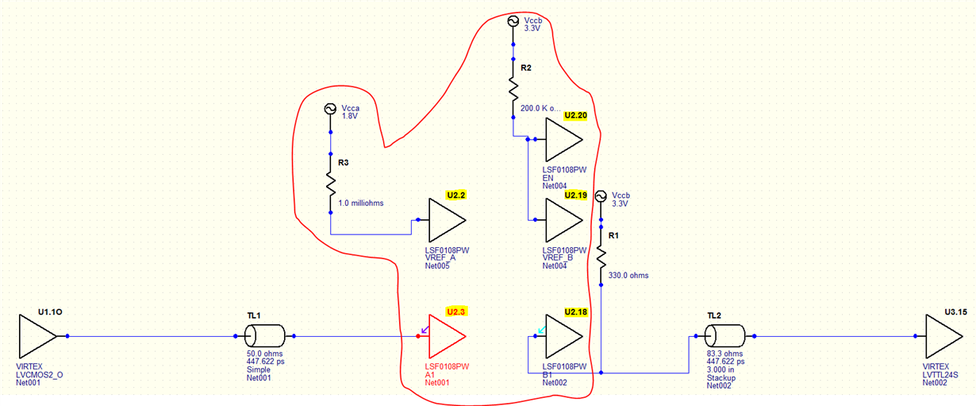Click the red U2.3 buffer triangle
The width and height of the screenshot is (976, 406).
[x=445, y=337]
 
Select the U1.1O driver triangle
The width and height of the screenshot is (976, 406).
[x=37, y=337]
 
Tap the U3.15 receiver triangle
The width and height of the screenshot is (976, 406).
[x=944, y=336]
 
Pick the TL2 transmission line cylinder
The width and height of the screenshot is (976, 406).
[x=721, y=336]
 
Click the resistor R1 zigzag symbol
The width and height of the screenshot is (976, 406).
[x=601, y=257]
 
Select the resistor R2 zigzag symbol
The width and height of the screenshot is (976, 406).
[x=513, y=86]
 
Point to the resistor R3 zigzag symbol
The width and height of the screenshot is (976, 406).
[x=330, y=182]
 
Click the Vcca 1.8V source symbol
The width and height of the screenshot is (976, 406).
[x=330, y=108]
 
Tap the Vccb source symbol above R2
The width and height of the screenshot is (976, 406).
[x=513, y=21]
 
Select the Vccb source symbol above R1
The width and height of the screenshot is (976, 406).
[x=601, y=195]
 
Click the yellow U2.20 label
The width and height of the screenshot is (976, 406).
[x=575, y=115]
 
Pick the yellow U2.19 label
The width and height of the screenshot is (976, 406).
[x=575, y=195]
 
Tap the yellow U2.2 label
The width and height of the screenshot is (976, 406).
[x=455, y=195]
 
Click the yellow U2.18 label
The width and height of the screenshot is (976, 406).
[x=575, y=311]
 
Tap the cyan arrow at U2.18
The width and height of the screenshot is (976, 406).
[x=542, y=329]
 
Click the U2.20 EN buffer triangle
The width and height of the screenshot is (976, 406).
[x=562, y=139]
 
